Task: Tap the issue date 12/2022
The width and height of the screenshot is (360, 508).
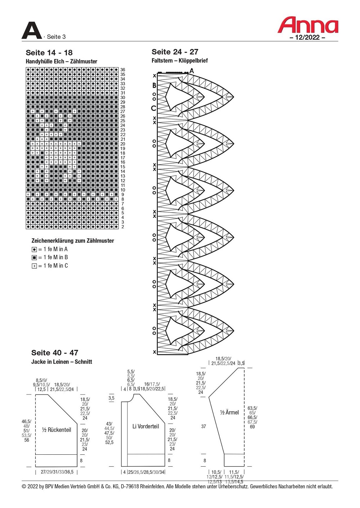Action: (307, 37)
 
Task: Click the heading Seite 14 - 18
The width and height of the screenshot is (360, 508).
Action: (49, 53)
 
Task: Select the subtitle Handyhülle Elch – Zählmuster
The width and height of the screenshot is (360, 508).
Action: (62, 62)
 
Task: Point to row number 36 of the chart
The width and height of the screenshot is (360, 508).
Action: (123, 69)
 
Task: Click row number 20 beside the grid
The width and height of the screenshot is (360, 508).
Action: (123, 144)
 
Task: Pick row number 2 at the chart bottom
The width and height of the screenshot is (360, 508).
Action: (123, 227)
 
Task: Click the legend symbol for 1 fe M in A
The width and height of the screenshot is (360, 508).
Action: (34, 250)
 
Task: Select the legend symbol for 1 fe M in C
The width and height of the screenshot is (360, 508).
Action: (34, 266)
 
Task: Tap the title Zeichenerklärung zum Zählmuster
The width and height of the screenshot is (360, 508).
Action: (73, 240)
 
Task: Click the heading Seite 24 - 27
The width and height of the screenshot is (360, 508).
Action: (175, 52)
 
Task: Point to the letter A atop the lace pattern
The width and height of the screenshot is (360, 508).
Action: (192, 71)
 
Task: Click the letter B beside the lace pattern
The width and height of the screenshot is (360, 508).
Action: (154, 85)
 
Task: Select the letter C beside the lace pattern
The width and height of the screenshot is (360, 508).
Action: (154, 108)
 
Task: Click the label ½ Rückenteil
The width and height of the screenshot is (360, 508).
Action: (57, 430)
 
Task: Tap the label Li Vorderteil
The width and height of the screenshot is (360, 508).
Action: (146, 426)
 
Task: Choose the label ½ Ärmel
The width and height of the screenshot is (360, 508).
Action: (229, 412)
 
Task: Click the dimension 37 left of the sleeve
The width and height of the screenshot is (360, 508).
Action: (204, 426)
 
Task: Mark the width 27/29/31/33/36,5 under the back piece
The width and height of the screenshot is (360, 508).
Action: (57, 472)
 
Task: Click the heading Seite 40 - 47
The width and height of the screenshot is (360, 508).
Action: (55, 353)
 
